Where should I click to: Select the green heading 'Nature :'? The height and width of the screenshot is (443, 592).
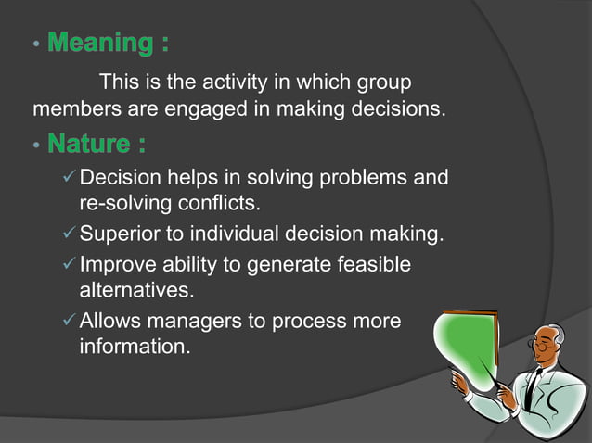click(97, 145)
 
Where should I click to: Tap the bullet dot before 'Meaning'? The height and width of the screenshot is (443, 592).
click(35, 44)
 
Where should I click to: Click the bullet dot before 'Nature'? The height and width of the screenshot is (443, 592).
click(35, 146)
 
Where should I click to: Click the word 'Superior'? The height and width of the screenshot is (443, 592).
click(115, 234)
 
